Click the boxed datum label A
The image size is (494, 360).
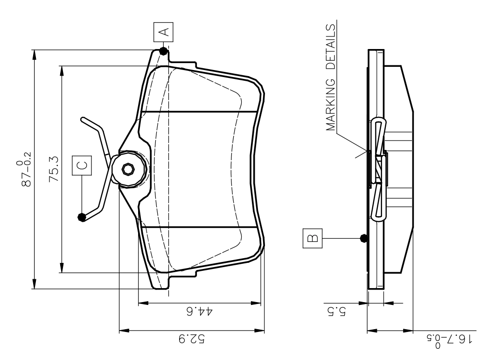pyautogui.click(x=163, y=32)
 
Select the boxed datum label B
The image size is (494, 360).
pyautogui.click(x=312, y=238)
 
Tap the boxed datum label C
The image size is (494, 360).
pyautogui.click(x=82, y=165)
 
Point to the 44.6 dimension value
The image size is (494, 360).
pyautogui.click(x=200, y=311)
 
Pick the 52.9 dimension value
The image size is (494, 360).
pyautogui.click(x=192, y=339)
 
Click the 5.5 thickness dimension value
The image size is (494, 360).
pyautogui.click(x=336, y=311)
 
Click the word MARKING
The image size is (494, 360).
pyautogui.click(x=331, y=105)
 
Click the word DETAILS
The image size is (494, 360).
pyautogui.click(x=331, y=47)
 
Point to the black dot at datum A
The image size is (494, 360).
pyautogui.click(x=163, y=51)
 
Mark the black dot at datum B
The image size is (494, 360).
pyautogui.click(x=364, y=238)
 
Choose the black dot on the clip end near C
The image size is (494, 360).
pyautogui.click(x=82, y=217)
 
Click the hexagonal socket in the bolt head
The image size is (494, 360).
pyautogui.click(x=128, y=169)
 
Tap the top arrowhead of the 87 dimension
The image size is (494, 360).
pyautogui.click(x=35, y=55)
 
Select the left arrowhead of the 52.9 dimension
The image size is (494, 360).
pyautogui.click(x=124, y=331)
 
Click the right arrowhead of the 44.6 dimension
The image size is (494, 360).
pyautogui.click(x=256, y=303)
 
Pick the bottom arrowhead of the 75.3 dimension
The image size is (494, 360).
pyautogui.click(x=63, y=268)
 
